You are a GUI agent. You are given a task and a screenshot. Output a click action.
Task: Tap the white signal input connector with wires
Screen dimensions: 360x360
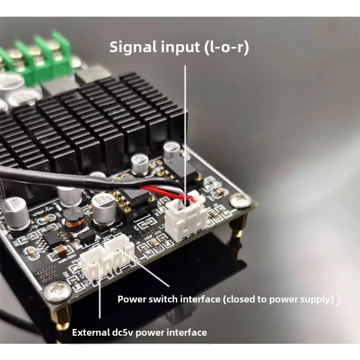186,218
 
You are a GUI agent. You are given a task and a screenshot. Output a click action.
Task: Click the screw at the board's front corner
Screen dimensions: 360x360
57,292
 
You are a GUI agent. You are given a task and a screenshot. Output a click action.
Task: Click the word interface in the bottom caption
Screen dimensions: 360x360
186,333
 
